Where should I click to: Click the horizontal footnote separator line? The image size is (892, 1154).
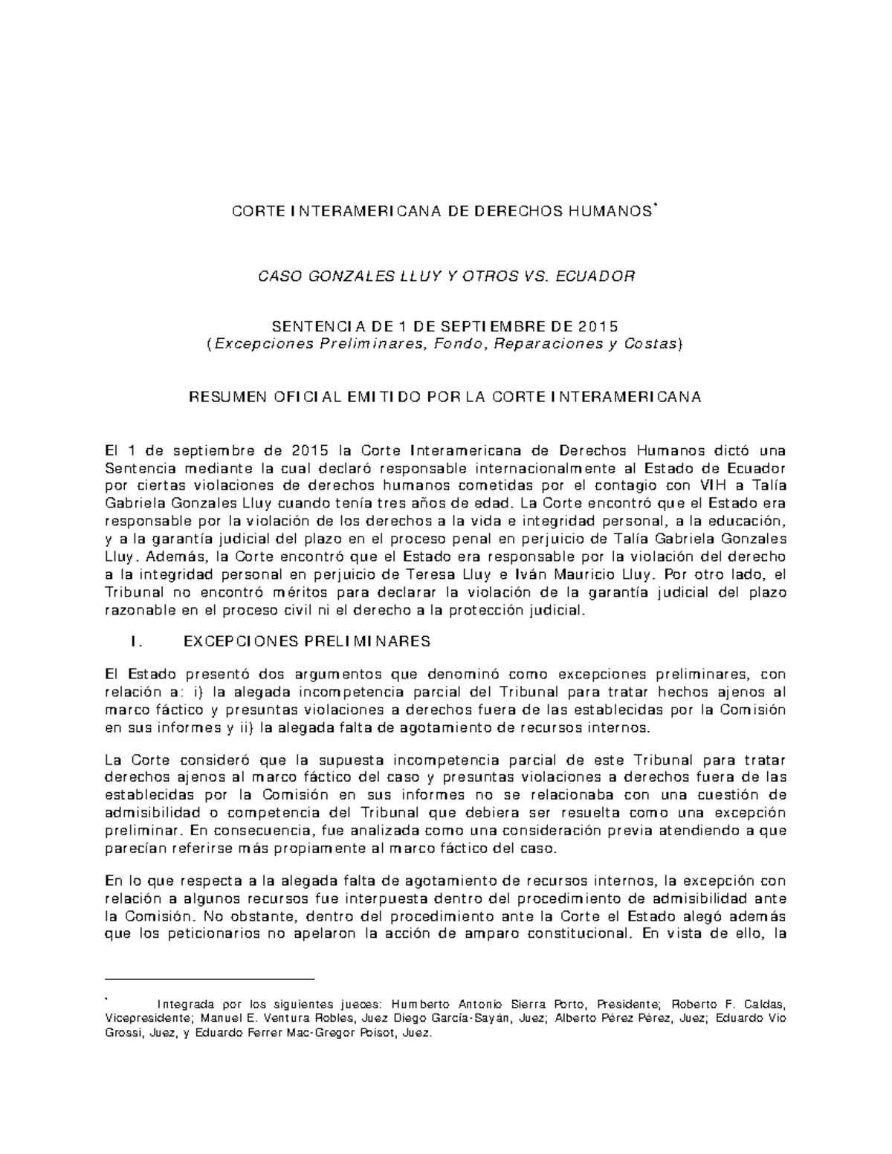tap(210, 980)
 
